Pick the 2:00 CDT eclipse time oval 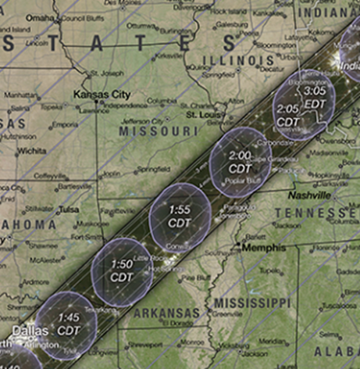[x=240, y=162]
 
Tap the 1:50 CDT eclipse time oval [x=122, y=270]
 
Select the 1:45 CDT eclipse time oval [x=68, y=323]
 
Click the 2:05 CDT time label [x=287, y=114]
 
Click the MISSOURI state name [x=159, y=132]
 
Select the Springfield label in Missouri [x=155, y=168]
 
